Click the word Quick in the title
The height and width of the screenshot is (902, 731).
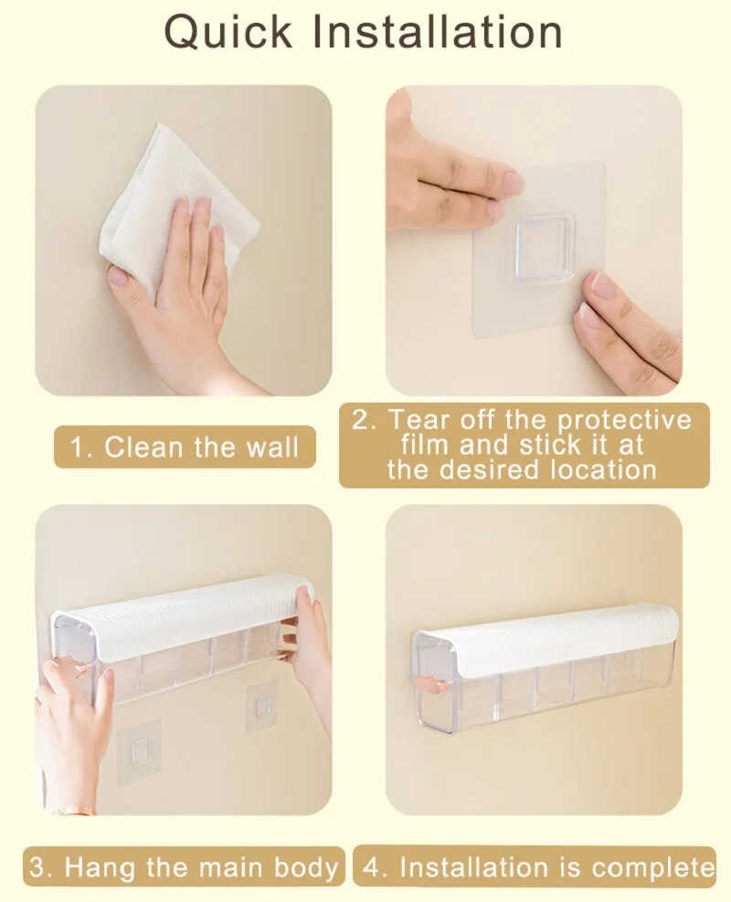(x=228, y=32)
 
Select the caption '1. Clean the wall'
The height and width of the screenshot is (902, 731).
(x=185, y=447)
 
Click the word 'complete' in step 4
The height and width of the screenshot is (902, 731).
(x=652, y=867)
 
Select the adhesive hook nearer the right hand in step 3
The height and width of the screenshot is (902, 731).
(x=264, y=708)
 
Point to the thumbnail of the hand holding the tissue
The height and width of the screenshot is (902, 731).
(x=120, y=278)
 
